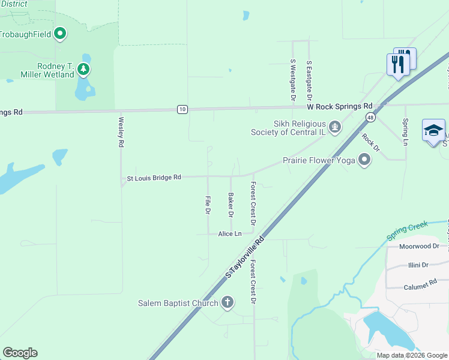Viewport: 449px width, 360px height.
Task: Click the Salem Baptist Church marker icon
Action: click(x=227, y=302)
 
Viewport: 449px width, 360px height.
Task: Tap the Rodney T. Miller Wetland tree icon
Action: click(x=83, y=70)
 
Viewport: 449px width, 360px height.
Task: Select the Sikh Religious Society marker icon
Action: click(x=335, y=127)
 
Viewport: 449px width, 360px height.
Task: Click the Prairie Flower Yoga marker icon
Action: click(x=364, y=160)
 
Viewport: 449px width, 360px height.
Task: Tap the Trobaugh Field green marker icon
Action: click(x=59, y=34)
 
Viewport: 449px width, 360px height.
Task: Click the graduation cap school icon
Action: click(x=433, y=130)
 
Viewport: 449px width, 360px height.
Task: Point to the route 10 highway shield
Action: click(x=182, y=109)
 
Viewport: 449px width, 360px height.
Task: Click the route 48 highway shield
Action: click(x=371, y=118)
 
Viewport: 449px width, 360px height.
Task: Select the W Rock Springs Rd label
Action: click(x=340, y=106)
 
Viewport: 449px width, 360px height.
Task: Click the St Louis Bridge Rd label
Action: click(x=154, y=178)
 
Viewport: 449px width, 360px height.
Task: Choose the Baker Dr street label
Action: click(x=231, y=205)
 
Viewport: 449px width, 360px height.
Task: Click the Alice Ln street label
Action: click(x=230, y=233)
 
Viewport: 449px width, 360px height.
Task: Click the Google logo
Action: click(x=20, y=353)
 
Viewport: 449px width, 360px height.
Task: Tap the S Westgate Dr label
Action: click(x=293, y=79)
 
